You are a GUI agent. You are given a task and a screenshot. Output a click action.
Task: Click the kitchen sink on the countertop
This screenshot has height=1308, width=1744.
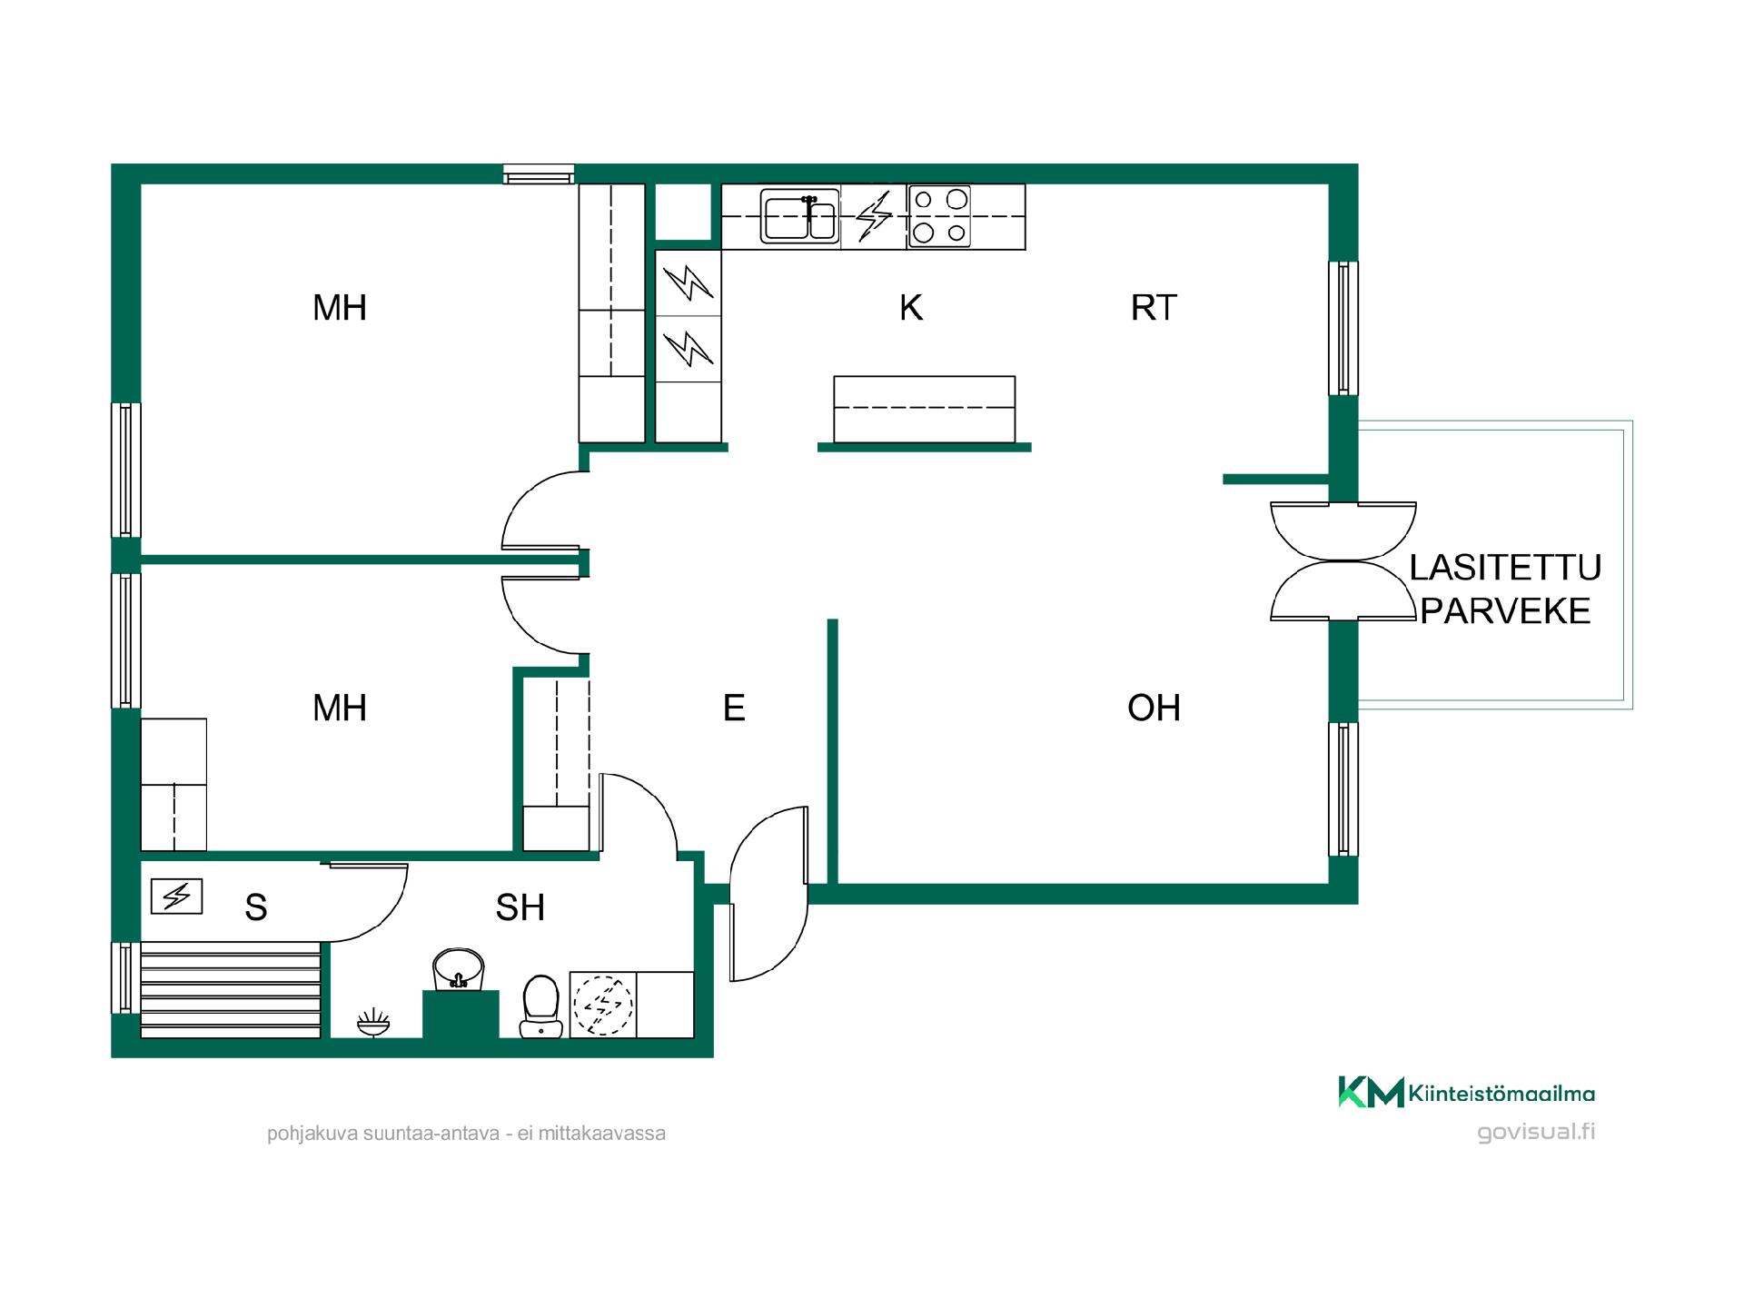point(800,216)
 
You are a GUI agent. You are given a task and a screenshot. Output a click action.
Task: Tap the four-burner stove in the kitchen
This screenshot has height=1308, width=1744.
point(939,216)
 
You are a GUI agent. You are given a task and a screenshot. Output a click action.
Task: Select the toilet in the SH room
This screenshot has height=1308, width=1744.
point(541,1006)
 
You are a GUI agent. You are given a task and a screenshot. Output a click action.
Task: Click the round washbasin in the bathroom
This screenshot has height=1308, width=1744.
point(459,969)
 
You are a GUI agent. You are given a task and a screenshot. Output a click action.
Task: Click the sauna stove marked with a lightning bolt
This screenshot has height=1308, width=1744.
point(176,897)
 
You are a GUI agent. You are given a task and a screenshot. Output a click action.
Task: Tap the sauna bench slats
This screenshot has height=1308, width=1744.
point(231,989)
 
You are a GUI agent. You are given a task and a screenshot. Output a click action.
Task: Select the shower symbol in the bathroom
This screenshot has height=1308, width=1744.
point(373,1022)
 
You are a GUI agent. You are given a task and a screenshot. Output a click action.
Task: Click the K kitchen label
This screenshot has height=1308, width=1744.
point(911,308)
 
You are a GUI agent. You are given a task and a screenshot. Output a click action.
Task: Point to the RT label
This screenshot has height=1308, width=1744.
point(1154,308)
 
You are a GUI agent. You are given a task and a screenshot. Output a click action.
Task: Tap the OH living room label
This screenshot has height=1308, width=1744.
point(1154,708)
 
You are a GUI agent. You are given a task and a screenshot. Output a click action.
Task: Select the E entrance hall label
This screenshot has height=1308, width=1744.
point(734,708)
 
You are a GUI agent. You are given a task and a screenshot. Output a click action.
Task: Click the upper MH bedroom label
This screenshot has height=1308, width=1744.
point(340,308)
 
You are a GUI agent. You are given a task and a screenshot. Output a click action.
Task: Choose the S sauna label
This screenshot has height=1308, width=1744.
point(256,907)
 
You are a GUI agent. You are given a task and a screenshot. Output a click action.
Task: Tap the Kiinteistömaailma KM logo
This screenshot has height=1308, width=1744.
point(1466,1092)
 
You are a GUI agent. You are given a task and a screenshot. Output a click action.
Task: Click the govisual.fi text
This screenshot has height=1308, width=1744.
point(1536,1133)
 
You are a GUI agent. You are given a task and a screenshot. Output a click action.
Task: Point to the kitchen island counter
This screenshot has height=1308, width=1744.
point(925,410)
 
